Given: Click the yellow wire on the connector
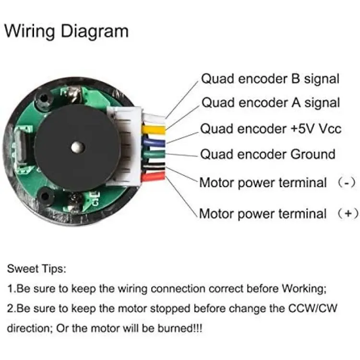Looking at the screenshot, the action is click(154, 129).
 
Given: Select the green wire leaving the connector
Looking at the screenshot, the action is click(154, 154).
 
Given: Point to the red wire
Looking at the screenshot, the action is click(154, 177).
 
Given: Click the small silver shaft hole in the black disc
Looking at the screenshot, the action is click(77, 147).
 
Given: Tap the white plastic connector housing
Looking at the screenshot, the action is click(124, 146).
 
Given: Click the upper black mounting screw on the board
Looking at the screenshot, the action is click(43, 99).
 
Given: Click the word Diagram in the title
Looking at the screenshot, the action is click(95, 32).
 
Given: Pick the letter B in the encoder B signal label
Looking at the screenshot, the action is click(296, 79).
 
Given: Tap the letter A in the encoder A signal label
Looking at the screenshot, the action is click(296, 103).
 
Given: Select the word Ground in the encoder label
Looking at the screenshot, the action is click(313, 154).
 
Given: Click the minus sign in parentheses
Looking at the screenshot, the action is click(347, 183).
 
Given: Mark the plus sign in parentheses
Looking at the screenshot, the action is click(348, 214).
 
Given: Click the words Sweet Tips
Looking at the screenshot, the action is click(37, 269).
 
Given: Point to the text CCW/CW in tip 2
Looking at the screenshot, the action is click(312, 308).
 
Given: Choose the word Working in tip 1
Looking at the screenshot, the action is click(304, 289).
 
